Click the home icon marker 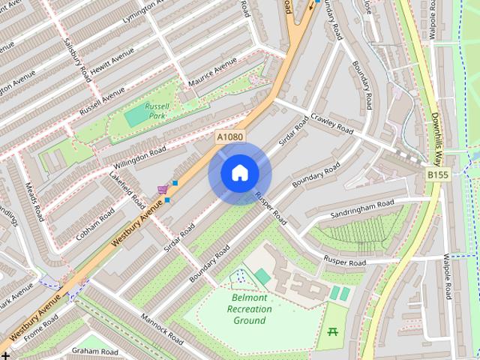239,173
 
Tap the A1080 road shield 229,137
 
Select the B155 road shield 439,174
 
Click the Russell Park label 160,111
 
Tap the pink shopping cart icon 162,189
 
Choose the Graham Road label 96,351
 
